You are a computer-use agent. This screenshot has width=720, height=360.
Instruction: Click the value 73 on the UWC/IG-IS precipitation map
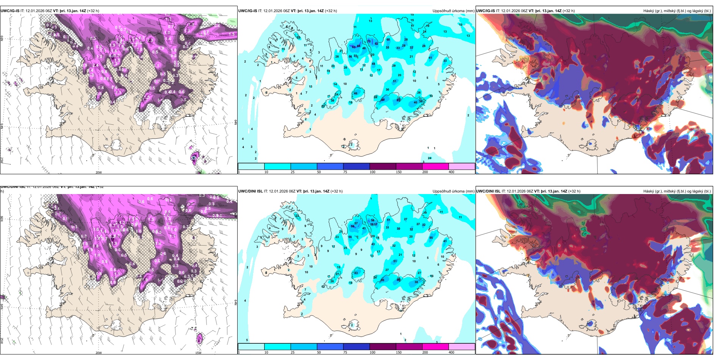[x=369, y=41]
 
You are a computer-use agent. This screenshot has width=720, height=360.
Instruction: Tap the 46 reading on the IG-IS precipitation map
[x=355, y=93]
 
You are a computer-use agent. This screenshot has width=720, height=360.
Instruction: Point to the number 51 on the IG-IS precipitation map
[x=394, y=81]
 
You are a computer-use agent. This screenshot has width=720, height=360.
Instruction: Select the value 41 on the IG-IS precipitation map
[x=430, y=58]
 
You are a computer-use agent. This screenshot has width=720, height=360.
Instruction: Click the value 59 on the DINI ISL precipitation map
[x=353, y=226]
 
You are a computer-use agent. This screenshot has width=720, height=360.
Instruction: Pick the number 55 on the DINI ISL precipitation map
[x=431, y=238]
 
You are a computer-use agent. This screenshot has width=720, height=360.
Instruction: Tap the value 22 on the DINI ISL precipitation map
[x=297, y=216]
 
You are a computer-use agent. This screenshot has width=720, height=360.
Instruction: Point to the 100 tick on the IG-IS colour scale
[x=373, y=172]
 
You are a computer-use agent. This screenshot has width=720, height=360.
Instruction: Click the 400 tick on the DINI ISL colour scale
[x=451, y=352]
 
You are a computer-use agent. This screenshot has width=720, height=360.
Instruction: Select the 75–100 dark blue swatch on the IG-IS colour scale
[x=356, y=166]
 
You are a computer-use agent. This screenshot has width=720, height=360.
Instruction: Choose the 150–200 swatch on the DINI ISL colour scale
[x=435, y=347]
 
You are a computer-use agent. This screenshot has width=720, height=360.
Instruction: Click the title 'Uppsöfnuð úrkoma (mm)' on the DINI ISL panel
[x=454, y=191]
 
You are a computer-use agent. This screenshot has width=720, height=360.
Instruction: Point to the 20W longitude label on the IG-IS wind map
[x=99, y=172]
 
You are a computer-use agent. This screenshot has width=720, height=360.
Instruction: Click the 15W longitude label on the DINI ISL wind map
[x=198, y=353]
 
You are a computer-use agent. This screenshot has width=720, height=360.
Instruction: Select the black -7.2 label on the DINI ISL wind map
[x=193, y=329]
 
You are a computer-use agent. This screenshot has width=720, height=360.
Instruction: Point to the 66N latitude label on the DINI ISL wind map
[x=2, y=219]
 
